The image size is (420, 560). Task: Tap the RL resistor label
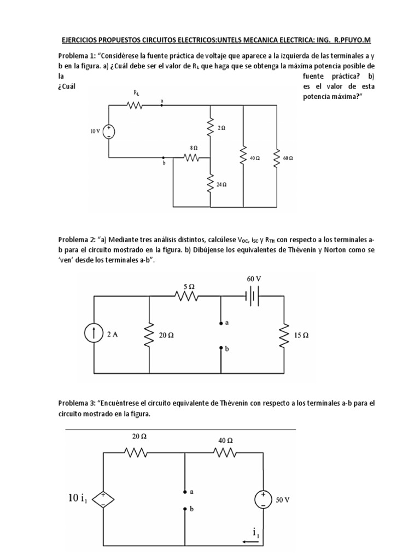[137, 94]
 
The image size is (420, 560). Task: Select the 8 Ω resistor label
[194, 148]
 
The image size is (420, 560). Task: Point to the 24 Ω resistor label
[221, 185]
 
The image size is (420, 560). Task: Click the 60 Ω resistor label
[288, 158]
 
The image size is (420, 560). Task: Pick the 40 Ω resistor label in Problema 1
[254, 158]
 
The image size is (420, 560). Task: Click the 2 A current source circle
[95, 335]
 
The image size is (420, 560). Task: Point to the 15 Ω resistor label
[301, 335]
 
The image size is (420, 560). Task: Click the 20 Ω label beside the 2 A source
[166, 335]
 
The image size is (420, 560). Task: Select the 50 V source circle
[264, 499]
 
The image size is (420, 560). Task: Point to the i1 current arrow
[252, 542]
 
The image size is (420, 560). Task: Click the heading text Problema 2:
[77, 240]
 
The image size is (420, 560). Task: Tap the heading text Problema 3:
[77, 404]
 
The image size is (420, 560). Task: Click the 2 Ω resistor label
[221, 127]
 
